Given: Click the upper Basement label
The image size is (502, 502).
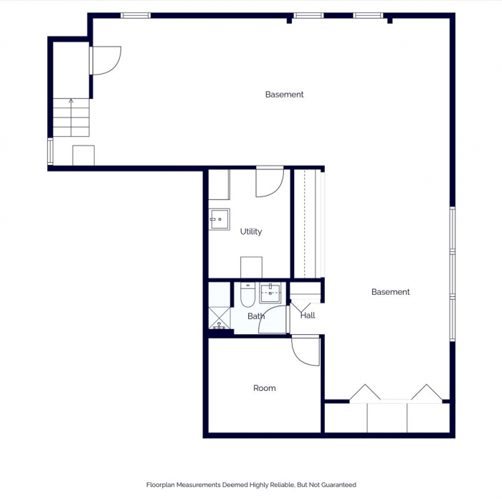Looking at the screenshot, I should click(284, 95).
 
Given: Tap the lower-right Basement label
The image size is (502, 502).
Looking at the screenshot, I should click(390, 292).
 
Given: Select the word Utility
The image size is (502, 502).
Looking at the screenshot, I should click(251, 232).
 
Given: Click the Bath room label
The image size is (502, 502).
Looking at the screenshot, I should click(256, 316).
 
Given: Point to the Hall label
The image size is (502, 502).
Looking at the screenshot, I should click(308, 316).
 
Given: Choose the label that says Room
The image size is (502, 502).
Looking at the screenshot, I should click(264, 388).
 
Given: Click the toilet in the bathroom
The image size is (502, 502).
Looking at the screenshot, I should click(247, 295).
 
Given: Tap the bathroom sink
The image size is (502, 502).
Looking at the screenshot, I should click(271, 293).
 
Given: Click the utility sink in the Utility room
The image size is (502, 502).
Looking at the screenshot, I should click(219, 218).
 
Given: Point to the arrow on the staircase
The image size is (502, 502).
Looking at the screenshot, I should click(70, 103).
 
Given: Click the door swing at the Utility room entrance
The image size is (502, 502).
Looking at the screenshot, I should click(270, 183).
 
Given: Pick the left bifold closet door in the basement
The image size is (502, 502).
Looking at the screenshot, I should click(364, 393).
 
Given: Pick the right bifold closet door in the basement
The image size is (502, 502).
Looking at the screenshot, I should click(427, 393).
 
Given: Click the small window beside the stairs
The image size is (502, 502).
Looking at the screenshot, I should click(49, 151).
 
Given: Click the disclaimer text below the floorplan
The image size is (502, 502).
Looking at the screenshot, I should click(251, 485).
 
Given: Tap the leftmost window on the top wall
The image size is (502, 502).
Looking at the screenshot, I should click(135, 15).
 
